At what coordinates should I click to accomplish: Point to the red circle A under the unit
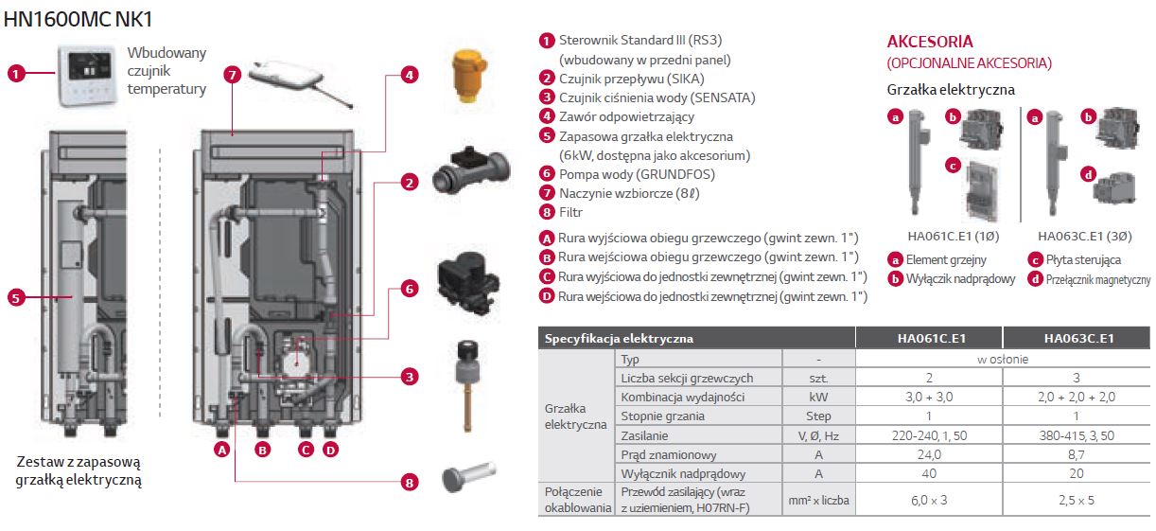(222, 450)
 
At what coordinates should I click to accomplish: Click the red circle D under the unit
(331, 450)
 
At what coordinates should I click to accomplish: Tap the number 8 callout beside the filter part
(409, 483)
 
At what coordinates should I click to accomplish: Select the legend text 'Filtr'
(570, 212)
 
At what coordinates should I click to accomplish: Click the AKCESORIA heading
(930, 42)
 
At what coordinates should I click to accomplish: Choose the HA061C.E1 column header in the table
(928, 338)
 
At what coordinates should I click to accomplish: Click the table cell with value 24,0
(928, 454)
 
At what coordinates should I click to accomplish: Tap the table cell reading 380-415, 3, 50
(1077, 435)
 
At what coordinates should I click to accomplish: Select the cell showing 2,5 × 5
(1077, 499)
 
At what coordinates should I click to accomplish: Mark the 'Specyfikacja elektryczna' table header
(619, 338)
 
